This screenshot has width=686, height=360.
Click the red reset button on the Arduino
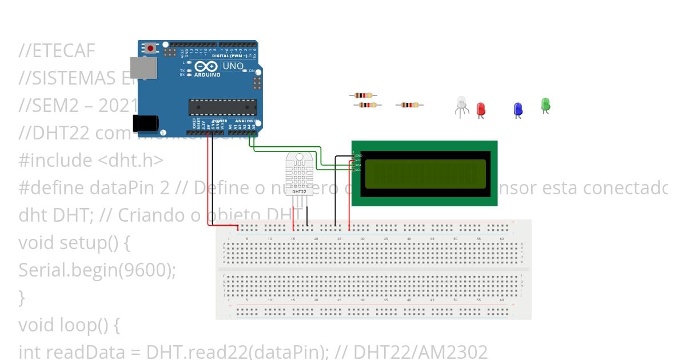[x=150, y=48]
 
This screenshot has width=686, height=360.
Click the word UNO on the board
[x=233, y=66]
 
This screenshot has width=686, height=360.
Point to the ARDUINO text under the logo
[x=207, y=75]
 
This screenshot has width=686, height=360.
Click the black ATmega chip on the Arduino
[x=222, y=107]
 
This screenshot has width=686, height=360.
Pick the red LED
[x=481, y=108]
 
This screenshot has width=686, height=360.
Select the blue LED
[x=518, y=109]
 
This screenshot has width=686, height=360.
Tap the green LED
[x=545, y=104]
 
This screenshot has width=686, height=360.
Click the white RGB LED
[x=462, y=103]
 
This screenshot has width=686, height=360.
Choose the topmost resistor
[x=363, y=95]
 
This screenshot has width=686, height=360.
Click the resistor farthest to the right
[x=409, y=105]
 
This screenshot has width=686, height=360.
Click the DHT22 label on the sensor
[x=299, y=191]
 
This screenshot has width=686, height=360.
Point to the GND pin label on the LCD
[x=358, y=155]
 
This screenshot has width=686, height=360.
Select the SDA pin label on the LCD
[x=358, y=165]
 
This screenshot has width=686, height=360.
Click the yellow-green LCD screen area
[x=425, y=174]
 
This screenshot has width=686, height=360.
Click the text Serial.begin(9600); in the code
[x=97, y=270]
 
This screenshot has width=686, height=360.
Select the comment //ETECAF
[x=57, y=51]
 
